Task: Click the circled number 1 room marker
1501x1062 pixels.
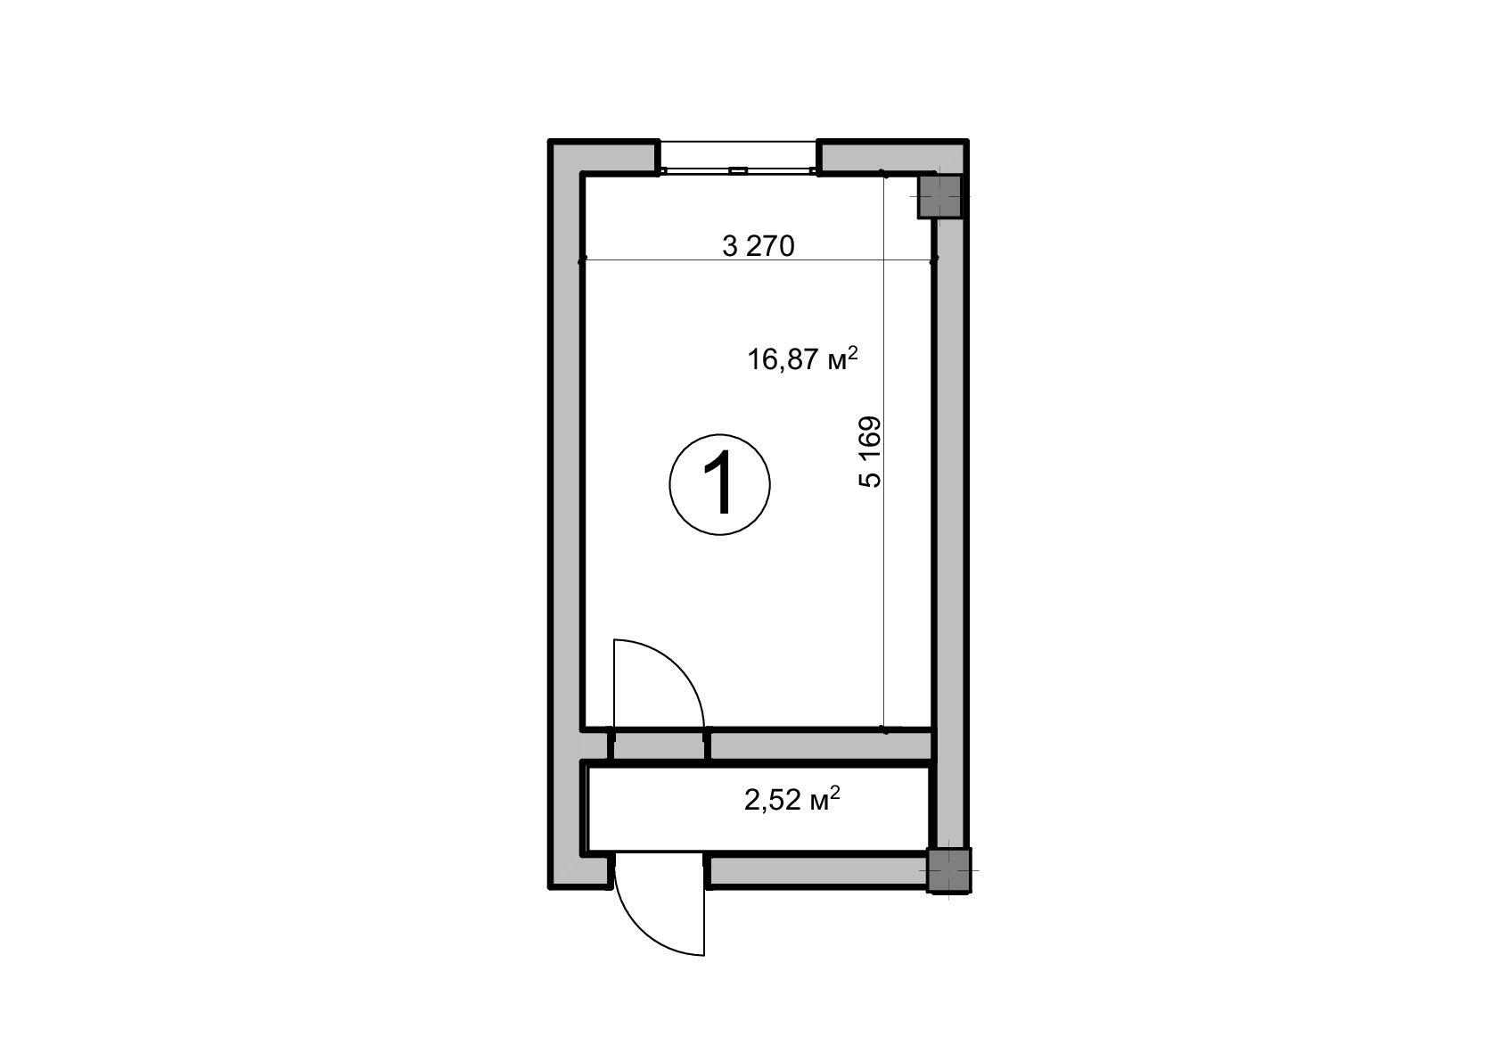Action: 719,484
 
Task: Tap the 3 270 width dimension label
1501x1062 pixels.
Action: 758,246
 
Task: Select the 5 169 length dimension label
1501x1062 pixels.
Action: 871,452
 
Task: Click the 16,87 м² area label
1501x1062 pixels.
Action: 802,358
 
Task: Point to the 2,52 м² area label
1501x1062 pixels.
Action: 792,799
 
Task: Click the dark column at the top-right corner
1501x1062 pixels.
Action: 939,196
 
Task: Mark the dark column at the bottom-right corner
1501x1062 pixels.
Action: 949,870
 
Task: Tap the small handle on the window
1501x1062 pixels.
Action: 738,171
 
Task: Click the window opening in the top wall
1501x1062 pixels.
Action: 738,158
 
